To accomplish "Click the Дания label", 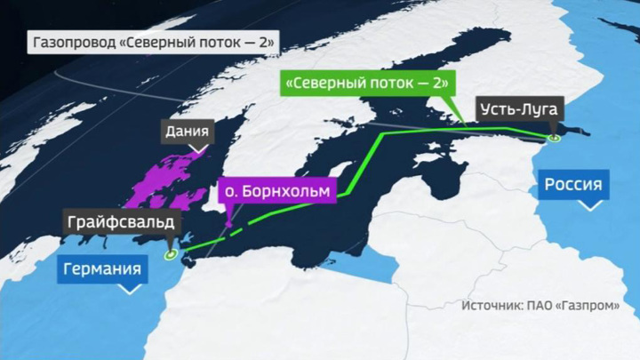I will [188, 133].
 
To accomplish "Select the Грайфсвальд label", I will [117, 221].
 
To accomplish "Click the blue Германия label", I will [103, 269].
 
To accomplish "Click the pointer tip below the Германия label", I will [130, 291].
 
